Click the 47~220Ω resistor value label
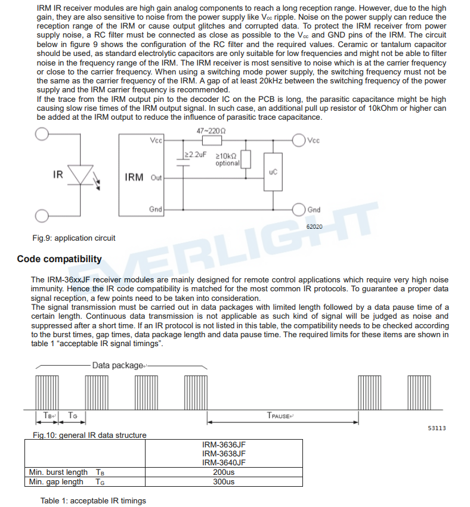click(x=211, y=130)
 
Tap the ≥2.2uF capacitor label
click(x=194, y=154)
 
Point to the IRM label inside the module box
click(x=134, y=177)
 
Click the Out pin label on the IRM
click(x=156, y=178)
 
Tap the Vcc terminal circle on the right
click(x=299, y=141)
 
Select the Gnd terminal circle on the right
click(x=299, y=209)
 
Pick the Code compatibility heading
click(x=59, y=259)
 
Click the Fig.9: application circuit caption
click(x=74, y=238)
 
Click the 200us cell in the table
click(x=224, y=472)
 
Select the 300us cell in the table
click(x=224, y=481)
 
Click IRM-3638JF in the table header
click(x=224, y=453)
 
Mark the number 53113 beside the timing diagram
click(x=437, y=428)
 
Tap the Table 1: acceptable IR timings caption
click(x=93, y=500)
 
